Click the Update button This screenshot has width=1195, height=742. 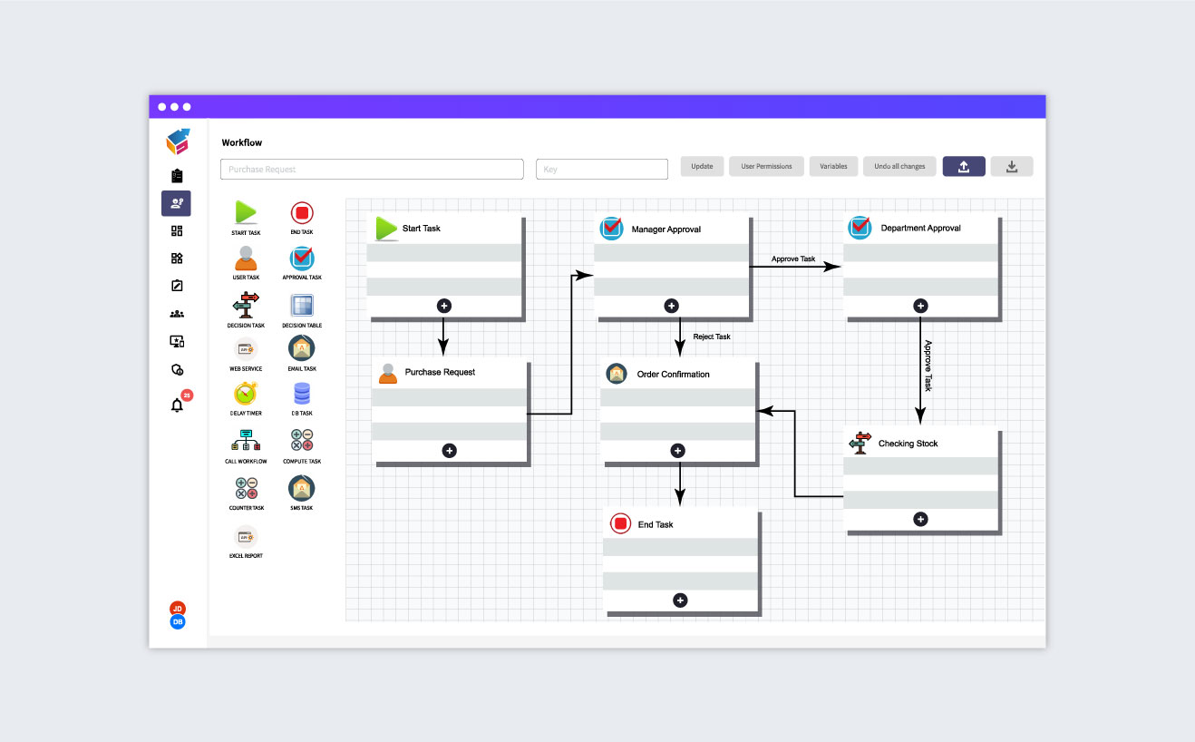tap(702, 167)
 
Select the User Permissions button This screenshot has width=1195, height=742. tap(766, 167)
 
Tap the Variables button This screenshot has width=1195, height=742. tap(833, 167)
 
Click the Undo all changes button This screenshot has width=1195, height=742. tap(899, 167)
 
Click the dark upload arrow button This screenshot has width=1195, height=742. tap(964, 167)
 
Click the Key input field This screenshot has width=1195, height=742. tap(602, 170)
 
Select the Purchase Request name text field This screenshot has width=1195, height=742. tap(372, 170)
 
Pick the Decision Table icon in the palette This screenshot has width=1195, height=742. tap(302, 306)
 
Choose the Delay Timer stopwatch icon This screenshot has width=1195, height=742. tap(246, 394)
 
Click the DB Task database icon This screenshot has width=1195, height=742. tap(302, 394)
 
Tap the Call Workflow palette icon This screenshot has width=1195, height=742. tap(246, 441)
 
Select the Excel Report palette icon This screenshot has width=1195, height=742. tap(246, 536)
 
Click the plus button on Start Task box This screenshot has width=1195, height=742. tap(444, 306)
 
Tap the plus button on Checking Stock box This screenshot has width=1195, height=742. tap(920, 520)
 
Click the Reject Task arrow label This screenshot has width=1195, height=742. tap(712, 337)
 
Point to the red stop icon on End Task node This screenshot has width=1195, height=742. tap(620, 523)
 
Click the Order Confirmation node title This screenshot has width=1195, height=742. tap(673, 375)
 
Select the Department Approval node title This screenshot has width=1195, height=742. tap(920, 229)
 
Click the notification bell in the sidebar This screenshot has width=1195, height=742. tap(178, 405)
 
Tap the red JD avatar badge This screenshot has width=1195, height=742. tap(178, 609)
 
